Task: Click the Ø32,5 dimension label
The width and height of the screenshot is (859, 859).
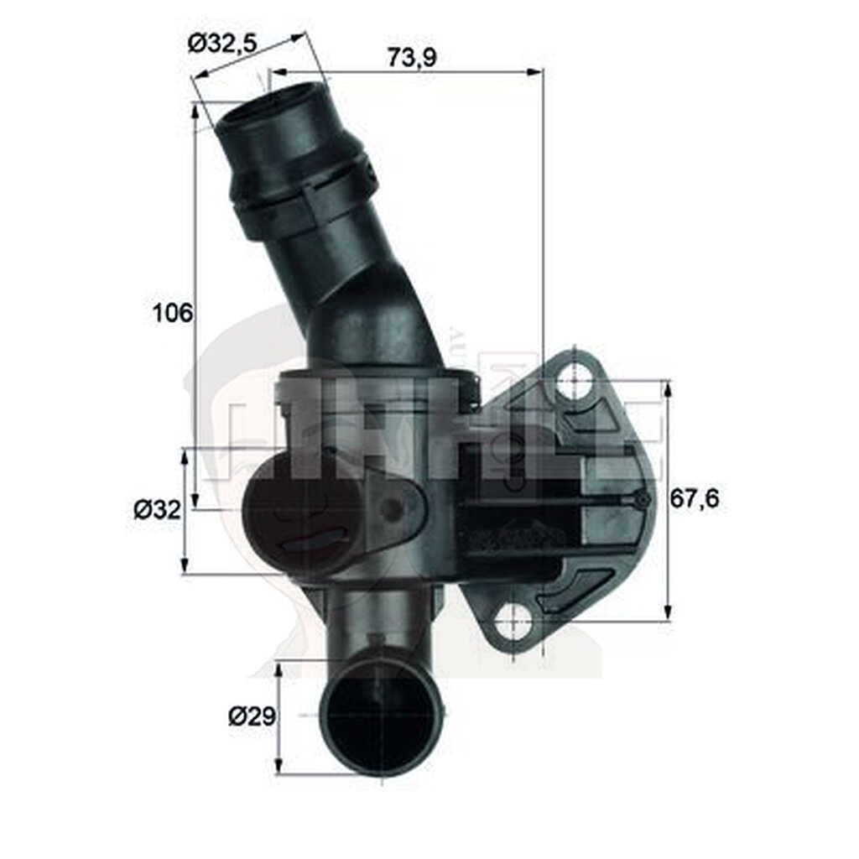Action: (x=221, y=43)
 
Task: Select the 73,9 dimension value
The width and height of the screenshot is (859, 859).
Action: (x=414, y=57)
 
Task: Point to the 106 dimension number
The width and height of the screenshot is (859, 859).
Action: (x=173, y=313)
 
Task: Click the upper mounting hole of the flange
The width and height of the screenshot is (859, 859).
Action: (x=575, y=380)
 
